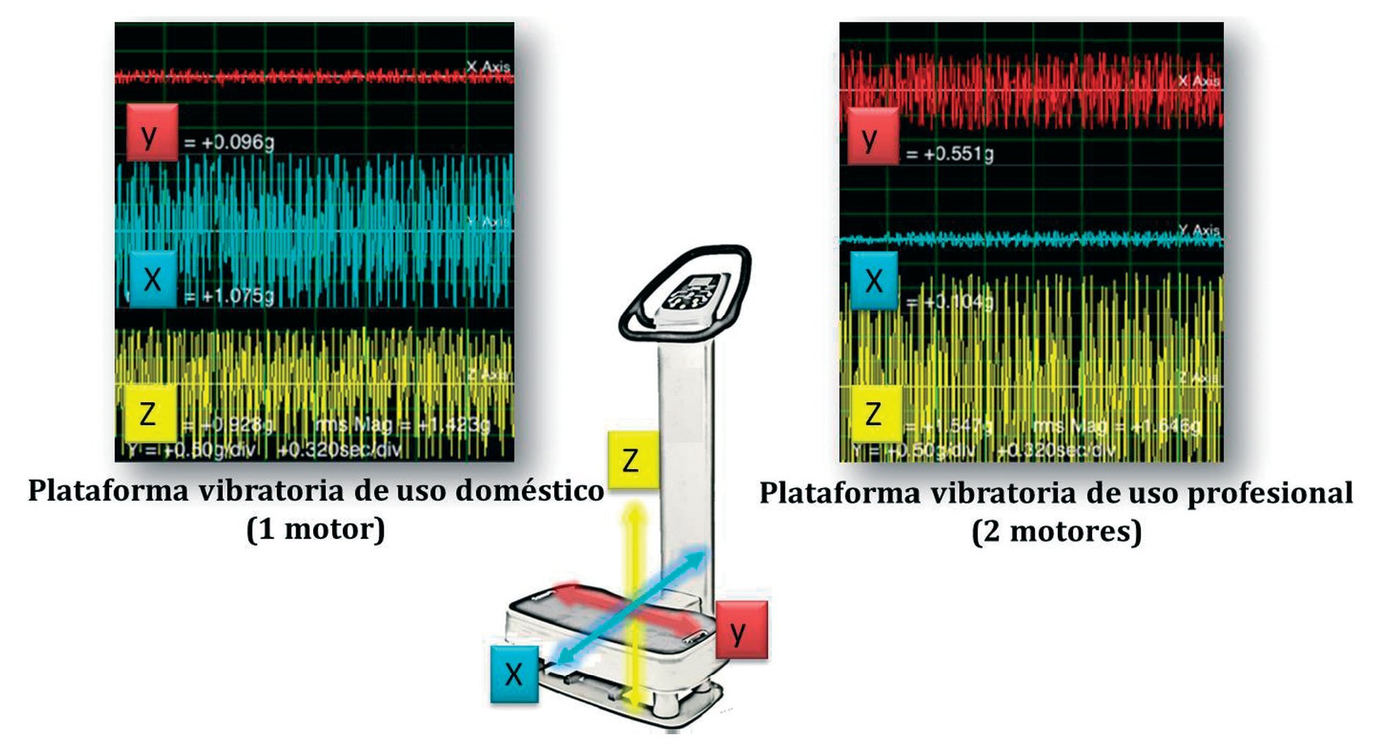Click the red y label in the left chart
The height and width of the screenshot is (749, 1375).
coord(151,133)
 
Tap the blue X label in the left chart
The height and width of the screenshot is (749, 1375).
coord(152,279)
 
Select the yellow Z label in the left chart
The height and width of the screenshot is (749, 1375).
coord(149,413)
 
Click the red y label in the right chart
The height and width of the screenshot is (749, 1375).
coord(872,137)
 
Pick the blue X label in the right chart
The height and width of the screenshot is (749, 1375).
coord(874,281)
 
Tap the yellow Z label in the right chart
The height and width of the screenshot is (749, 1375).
coord(874,413)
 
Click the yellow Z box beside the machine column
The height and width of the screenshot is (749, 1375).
coord(632,461)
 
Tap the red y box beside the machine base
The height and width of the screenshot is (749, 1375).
coord(740,630)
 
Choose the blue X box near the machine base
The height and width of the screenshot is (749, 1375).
coord(514,674)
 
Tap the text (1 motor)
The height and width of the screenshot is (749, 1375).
coord(315,529)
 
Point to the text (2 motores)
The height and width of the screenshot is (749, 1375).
coord(1056,531)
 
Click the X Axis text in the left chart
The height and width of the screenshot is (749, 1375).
coord(488,67)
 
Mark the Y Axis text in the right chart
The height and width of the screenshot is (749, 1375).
coord(1199,230)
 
